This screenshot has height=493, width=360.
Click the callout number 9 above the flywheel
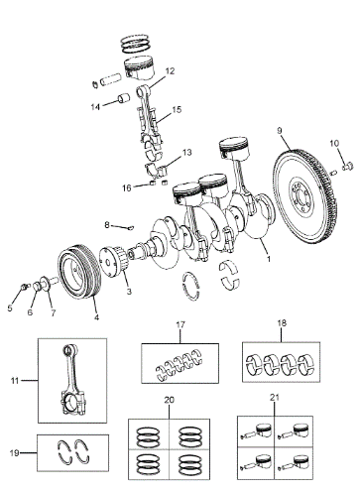click(280, 131)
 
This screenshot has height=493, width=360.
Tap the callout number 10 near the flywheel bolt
click(334, 143)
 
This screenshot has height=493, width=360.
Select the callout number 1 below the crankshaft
click(269, 259)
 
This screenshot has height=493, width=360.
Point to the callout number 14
click(95, 107)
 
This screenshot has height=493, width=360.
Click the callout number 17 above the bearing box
click(180, 324)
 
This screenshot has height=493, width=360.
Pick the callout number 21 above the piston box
click(275, 398)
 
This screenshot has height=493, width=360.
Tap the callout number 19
click(14, 452)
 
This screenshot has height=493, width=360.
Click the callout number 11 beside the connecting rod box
click(15, 381)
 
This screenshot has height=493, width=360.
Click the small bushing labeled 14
click(124, 98)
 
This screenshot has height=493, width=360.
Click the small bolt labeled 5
click(24, 286)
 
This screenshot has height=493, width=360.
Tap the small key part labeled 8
click(131, 227)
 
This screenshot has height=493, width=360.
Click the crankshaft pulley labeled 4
click(79, 271)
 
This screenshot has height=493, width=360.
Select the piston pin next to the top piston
click(110, 80)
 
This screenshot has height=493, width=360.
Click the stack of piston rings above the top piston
click(136, 44)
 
